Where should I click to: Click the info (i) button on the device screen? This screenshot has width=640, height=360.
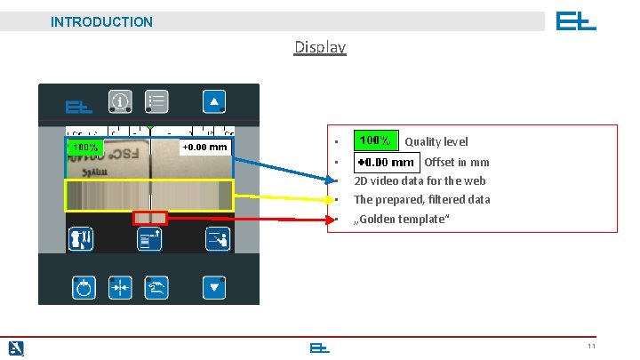[121, 102]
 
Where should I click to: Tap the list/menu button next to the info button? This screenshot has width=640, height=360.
[156, 102]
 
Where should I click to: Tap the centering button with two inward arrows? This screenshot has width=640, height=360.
[120, 287]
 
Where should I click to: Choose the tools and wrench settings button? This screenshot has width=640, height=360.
[83, 239]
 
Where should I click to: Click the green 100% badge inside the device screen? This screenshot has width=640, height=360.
[86, 147]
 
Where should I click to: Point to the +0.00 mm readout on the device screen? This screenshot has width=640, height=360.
[204, 147]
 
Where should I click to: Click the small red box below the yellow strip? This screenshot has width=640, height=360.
[149, 218]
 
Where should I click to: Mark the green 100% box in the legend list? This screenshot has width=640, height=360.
[375, 141]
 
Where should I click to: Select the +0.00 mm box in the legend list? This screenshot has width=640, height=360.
[386, 163]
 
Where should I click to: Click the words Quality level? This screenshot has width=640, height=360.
[436, 142]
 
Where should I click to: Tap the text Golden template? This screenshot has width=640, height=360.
[398, 220]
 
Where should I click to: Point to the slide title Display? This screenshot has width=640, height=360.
[320, 47]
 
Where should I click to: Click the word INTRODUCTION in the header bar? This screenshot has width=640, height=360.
[101, 21]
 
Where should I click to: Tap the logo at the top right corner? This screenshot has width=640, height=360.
[576, 20]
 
